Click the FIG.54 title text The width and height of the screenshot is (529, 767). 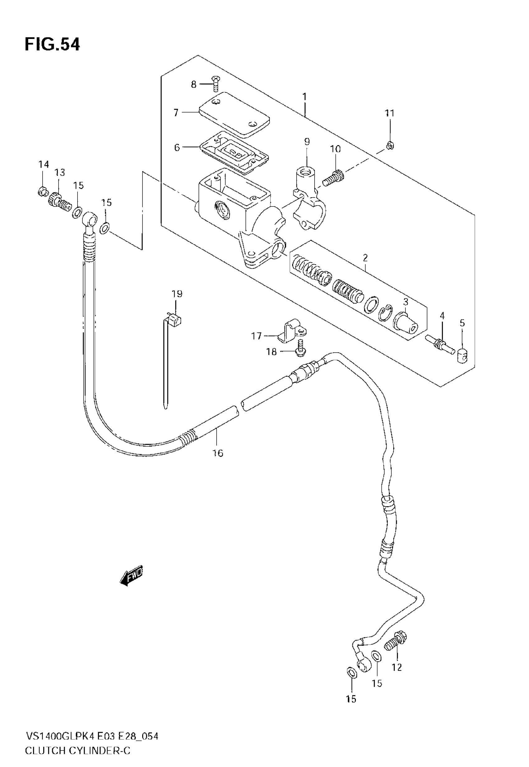pos(52,45)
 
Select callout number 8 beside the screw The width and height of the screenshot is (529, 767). pos(194,84)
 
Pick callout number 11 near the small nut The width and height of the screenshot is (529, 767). pos(390,113)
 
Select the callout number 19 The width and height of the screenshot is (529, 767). pos(177,293)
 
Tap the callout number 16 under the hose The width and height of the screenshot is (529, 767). pos(218,453)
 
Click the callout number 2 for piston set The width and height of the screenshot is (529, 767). pos(365,257)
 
